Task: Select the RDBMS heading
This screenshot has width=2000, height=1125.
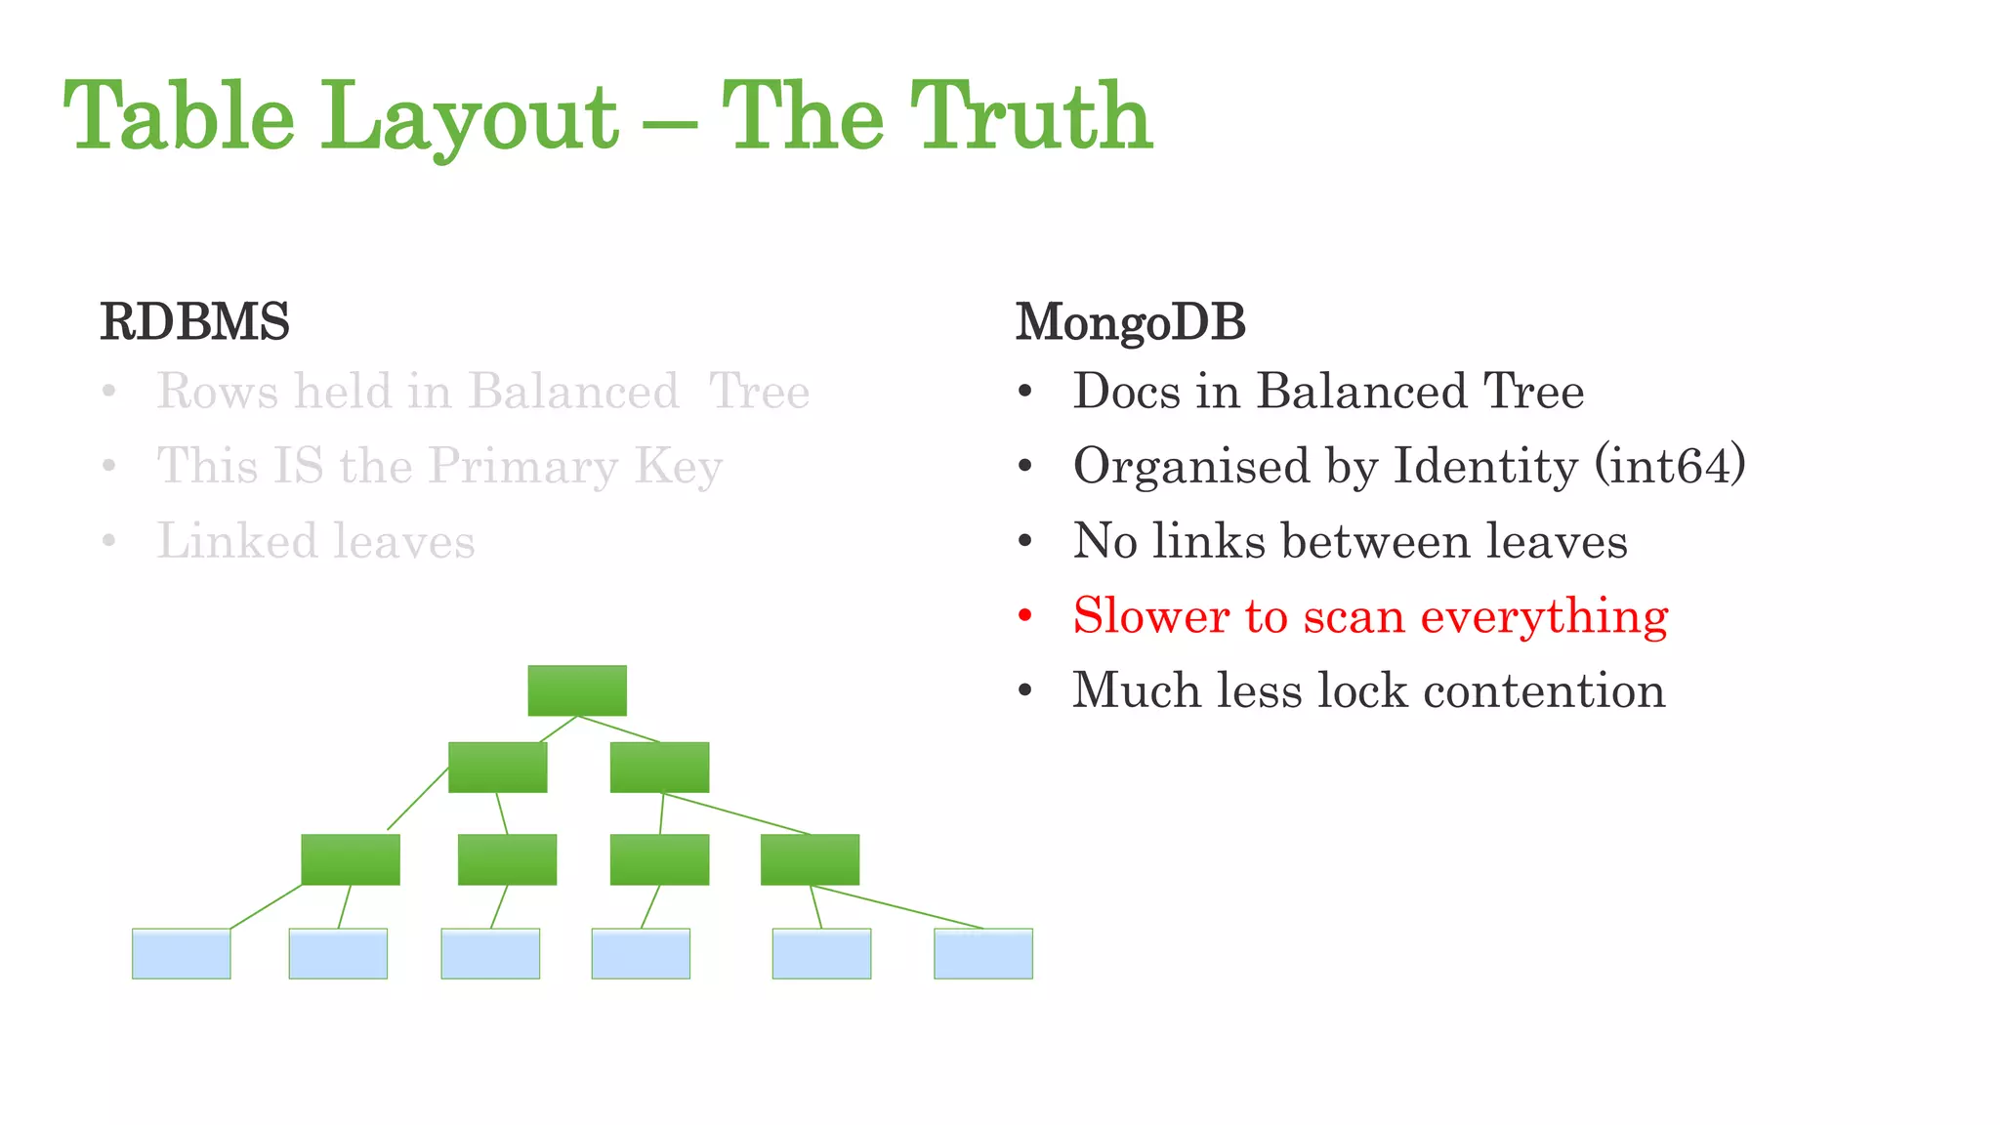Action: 194,322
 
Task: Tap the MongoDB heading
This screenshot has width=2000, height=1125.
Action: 1130,322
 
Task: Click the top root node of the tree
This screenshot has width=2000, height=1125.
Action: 577,690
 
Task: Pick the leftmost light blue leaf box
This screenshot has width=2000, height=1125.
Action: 182,953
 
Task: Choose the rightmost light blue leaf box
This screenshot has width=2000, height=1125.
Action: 982,953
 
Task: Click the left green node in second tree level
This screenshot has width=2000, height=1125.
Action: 497,767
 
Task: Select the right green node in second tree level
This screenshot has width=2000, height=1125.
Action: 659,767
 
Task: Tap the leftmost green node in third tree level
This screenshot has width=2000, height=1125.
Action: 351,859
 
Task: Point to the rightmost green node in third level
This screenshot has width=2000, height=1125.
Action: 810,859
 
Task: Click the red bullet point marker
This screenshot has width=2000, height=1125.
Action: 1024,616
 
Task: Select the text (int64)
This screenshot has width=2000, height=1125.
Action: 1669,466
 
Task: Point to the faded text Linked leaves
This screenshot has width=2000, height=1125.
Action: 315,541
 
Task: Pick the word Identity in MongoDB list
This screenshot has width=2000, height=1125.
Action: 1484,466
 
